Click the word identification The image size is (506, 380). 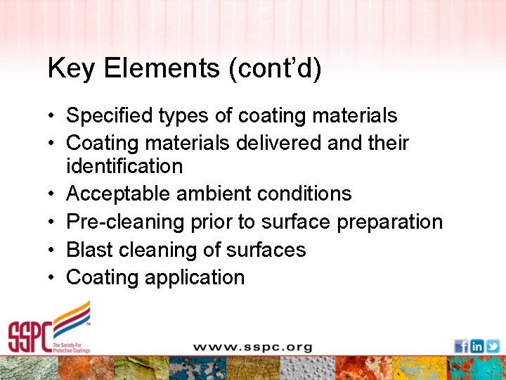(124, 166)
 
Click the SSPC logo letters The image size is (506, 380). (32, 336)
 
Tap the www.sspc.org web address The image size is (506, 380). (252, 347)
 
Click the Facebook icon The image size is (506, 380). (462, 346)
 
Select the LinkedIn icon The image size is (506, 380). (477, 346)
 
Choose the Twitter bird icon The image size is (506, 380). (493, 346)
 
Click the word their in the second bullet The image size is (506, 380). (388, 143)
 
